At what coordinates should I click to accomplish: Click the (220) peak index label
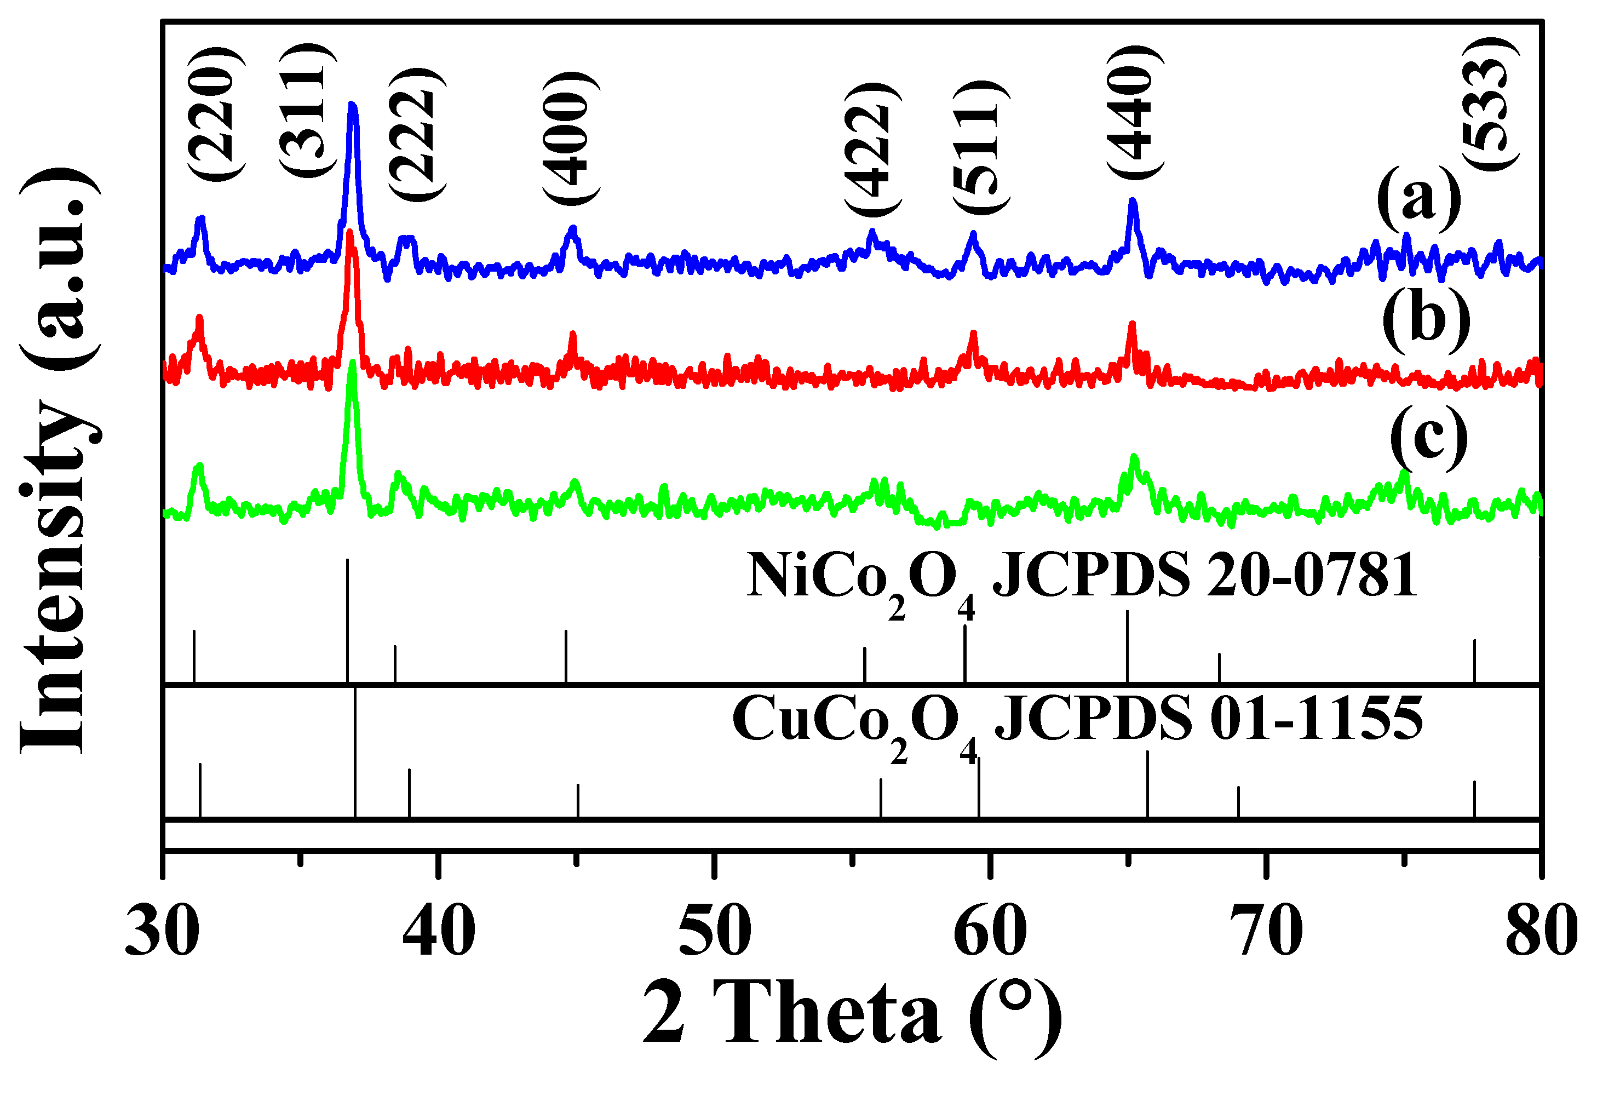tap(216, 114)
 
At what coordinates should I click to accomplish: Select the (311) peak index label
tap(307, 110)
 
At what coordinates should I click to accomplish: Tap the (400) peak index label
tap(570, 137)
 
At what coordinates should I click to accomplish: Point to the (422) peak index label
tap(871, 148)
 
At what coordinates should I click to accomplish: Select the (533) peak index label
tap(1490, 103)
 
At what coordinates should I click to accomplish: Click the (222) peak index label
tap(415, 135)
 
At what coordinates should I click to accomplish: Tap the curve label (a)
tap(1418, 199)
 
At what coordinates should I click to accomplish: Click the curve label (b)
tap(1426, 319)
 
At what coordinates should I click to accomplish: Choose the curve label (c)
tap(1428, 438)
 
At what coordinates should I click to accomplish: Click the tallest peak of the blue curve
tap(353, 106)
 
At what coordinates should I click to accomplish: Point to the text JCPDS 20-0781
tap(1206, 575)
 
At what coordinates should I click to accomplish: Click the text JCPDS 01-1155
tap(1209, 719)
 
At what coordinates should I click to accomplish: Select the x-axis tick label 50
tap(715, 931)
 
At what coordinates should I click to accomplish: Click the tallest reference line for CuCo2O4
tap(354, 753)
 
